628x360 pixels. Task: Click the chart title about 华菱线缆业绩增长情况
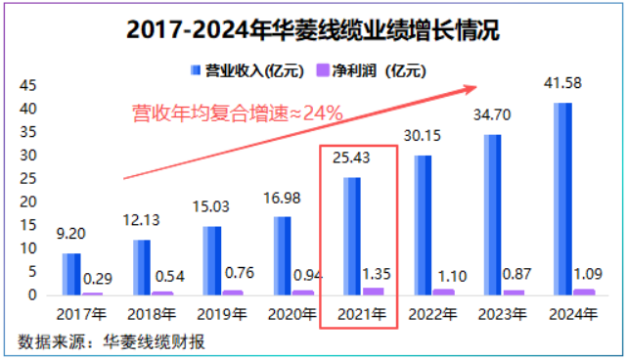pyautogui.click(x=313, y=29)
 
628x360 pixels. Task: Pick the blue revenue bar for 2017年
pyautogui.click(x=71, y=274)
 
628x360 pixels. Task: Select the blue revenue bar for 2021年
pyautogui.click(x=351, y=235)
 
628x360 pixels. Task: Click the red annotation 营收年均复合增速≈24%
pyautogui.click(x=237, y=114)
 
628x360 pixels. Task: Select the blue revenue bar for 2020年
pyautogui.click(x=282, y=255)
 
